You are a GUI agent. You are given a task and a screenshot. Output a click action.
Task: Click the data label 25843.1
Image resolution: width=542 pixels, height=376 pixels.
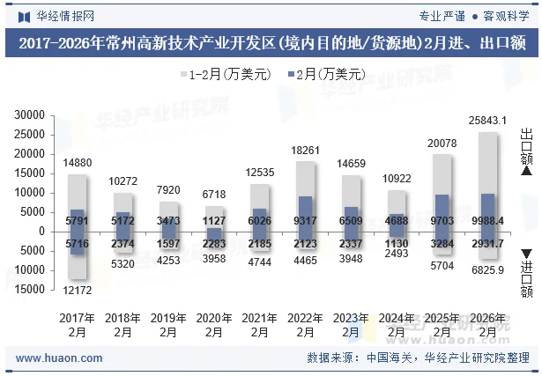[487, 120]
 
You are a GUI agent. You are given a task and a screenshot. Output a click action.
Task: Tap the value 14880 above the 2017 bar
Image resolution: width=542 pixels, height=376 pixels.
[78, 163]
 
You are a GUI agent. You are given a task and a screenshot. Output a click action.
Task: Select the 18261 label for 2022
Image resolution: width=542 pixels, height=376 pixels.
[305, 151]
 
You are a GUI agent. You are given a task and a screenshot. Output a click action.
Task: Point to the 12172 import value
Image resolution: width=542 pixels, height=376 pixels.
[78, 291]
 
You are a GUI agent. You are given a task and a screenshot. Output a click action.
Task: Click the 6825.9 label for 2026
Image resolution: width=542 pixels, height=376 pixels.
[487, 270]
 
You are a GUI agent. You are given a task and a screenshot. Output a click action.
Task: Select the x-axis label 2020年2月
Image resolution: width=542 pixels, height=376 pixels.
[214, 325]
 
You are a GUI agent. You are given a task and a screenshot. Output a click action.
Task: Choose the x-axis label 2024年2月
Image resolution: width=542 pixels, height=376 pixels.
[397, 325]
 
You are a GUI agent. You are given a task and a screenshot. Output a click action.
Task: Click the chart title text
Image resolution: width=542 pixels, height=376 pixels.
[271, 43]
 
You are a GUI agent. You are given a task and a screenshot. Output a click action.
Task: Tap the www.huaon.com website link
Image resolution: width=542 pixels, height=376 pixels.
[60, 358]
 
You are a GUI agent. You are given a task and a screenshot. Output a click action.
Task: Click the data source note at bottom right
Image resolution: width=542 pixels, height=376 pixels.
[418, 358]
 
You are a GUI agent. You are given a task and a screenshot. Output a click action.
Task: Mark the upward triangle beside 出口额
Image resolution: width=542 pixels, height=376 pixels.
[527, 171]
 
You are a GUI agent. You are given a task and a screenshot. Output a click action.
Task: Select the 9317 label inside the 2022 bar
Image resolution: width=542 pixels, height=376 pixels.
[305, 220]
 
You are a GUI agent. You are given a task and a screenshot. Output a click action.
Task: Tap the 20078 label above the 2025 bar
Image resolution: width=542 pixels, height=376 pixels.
[442, 144]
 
